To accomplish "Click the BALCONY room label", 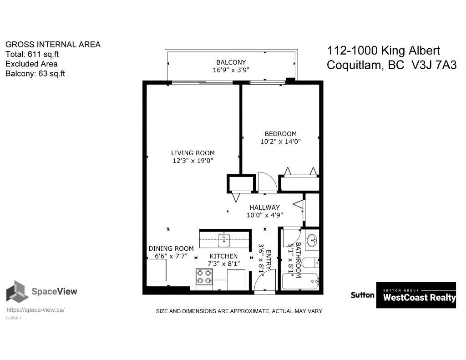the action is click(231, 62).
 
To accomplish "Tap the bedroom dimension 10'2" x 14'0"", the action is click(280, 142).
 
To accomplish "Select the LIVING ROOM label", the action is click(193, 153).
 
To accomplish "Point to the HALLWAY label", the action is click(264, 208).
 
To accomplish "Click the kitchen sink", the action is click(224, 240).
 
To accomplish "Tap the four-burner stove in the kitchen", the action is click(204, 276).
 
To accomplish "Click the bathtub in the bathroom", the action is click(300, 282).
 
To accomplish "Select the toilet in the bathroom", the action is click(310, 263).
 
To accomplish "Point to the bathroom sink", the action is click(312, 240).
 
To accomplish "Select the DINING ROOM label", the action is click(171, 248).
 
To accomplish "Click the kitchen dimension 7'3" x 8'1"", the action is click(223, 264).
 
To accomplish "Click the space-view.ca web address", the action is click(35, 310).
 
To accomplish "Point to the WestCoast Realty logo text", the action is click(419, 297).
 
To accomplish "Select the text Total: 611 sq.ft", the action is click(32, 55).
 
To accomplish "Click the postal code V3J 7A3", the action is click(434, 65).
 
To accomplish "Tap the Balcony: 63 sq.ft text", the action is click(35, 74).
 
